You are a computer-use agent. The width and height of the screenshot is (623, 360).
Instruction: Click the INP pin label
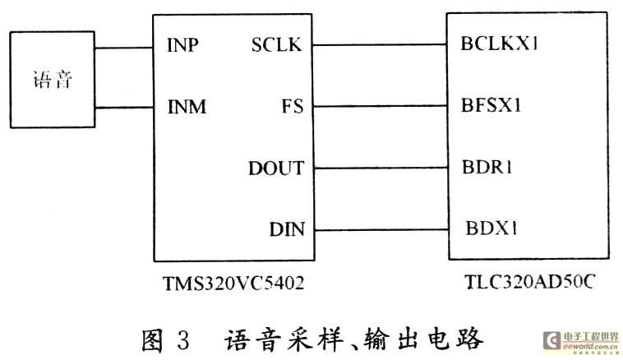pos(182,45)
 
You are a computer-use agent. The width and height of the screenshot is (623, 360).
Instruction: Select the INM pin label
pos(187,107)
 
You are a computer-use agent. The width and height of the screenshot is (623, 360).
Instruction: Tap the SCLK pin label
pos(276,44)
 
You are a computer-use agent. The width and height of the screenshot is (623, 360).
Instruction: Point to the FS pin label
pos(292,107)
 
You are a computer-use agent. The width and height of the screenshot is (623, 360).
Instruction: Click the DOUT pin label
pos(276,168)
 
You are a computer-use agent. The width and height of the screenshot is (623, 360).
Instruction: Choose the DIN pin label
pos(287,229)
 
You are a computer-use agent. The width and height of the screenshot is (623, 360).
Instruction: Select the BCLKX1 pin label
pos(499,44)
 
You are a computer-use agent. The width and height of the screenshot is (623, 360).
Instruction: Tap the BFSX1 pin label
pos(491,105)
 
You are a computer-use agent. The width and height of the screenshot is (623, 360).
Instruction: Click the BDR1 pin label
pos(487,167)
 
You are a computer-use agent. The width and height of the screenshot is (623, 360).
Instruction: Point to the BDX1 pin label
pos(491,228)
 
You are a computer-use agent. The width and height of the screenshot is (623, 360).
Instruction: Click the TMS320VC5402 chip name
pos(233,284)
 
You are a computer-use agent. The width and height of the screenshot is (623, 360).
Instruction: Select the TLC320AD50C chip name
pos(529,282)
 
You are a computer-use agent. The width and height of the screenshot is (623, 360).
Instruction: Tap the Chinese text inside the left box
pos(53,80)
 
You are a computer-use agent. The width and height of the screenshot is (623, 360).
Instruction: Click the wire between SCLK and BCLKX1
pos(380,44)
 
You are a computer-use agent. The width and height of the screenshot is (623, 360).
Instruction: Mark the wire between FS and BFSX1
pos(381,106)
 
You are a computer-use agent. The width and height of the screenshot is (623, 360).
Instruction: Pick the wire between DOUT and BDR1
pos(381,168)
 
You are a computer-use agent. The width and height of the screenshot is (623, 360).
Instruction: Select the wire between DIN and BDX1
pos(382,229)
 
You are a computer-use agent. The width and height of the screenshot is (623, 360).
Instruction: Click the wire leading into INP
pos(124,48)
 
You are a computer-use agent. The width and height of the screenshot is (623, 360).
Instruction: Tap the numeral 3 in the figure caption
pos(183,339)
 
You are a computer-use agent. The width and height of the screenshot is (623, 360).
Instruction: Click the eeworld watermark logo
pos(581,342)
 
